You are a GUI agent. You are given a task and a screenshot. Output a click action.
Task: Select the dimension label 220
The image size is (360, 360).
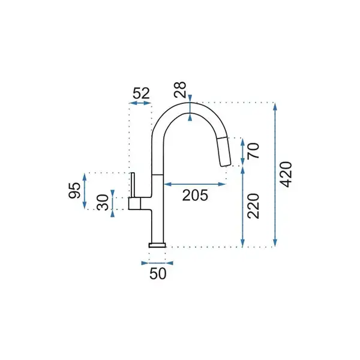coord(253,206)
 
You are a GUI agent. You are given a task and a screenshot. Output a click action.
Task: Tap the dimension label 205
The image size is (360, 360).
coord(195,196)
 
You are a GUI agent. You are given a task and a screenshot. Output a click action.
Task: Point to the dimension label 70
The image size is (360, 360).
coord(253,151)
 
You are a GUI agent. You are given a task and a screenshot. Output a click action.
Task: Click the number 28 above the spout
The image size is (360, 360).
coord(180,90)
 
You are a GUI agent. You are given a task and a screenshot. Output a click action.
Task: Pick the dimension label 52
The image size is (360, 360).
coord(141,93)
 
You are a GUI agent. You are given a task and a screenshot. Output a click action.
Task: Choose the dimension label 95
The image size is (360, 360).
coord(74,190)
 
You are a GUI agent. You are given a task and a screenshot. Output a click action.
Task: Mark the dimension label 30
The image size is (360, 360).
coord(103,202)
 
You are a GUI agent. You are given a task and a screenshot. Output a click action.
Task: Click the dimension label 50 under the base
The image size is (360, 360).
coord(158,274)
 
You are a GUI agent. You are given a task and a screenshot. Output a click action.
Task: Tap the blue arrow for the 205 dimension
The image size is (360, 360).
coord(195,184)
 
